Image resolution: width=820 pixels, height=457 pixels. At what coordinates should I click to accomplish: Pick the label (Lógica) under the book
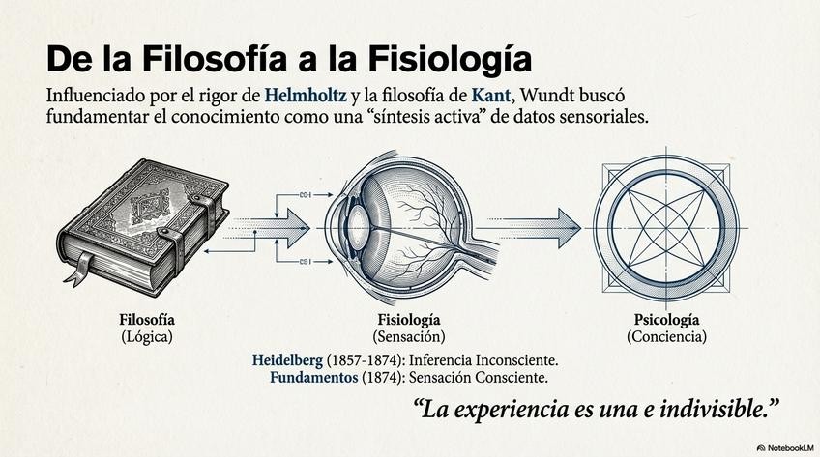[147, 337]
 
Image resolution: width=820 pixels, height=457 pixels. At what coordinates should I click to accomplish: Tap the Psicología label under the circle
[666, 320]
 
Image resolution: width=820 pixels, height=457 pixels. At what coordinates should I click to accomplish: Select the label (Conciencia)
[666, 337]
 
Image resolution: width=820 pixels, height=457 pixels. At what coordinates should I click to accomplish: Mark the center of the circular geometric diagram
[665, 226]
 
